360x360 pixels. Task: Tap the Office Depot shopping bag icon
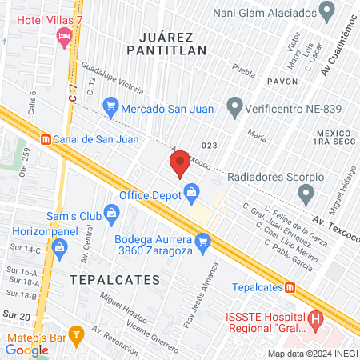(x=192, y=191)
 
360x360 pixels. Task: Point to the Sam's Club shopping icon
(x=111, y=213)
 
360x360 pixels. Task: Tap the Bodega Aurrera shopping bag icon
(x=203, y=239)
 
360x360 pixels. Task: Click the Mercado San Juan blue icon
(x=111, y=104)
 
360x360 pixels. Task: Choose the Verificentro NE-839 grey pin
(x=234, y=105)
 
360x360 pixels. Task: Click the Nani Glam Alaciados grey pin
(x=326, y=11)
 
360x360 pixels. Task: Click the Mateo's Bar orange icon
(x=76, y=334)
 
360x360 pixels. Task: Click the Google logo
(x=26, y=350)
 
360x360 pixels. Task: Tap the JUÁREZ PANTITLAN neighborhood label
(x=171, y=43)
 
